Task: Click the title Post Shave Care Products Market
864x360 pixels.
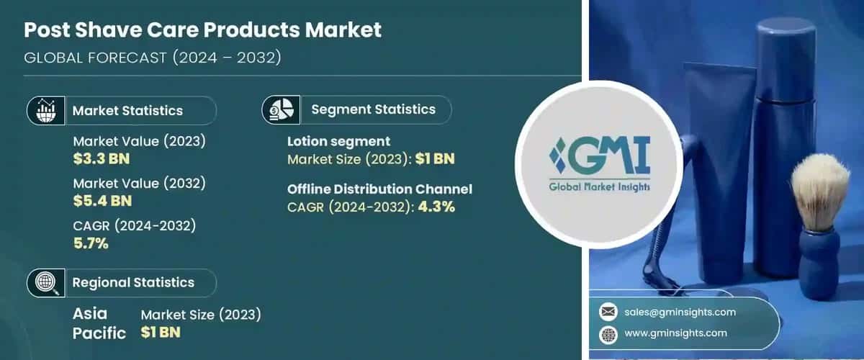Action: pos(202,30)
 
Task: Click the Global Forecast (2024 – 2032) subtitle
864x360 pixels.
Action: pos(153,58)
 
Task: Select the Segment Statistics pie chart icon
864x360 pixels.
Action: pos(280,110)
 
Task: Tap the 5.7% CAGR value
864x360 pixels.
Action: pos(91,243)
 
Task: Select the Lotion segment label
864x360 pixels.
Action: pos(338,141)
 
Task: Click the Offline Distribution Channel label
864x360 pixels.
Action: pos(379,189)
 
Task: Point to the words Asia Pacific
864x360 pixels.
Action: pos(99,323)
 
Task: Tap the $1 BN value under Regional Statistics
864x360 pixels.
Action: pos(161,332)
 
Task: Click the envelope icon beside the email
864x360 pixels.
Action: pos(608,312)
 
